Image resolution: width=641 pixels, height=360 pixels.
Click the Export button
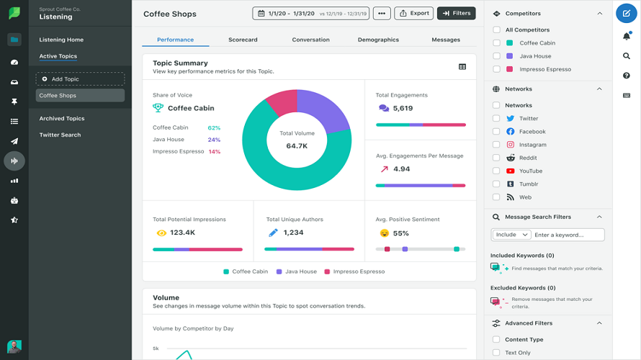pyautogui.click(x=413, y=13)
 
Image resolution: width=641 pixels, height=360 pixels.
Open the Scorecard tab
pyautogui.click(x=243, y=40)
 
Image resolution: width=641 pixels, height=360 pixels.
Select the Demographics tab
pyautogui.click(x=378, y=40)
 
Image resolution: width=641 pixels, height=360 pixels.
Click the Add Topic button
pyautogui.click(x=80, y=79)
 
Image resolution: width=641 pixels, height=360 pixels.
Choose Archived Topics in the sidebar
pyautogui.click(x=62, y=119)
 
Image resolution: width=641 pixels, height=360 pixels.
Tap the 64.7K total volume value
pyautogui.click(x=297, y=145)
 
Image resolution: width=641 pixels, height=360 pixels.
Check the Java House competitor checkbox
pyautogui.click(x=496, y=56)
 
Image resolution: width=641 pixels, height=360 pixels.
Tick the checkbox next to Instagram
pyautogui.click(x=496, y=145)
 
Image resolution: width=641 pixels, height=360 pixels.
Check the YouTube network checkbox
pyautogui.click(x=496, y=171)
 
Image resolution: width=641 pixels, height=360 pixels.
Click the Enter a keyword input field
pyautogui.click(x=568, y=235)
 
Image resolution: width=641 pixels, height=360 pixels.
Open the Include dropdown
pyautogui.click(x=511, y=235)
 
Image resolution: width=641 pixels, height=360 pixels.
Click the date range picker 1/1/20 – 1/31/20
pyautogui.click(x=310, y=13)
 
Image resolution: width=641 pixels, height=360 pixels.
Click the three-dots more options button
pyautogui.click(x=382, y=13)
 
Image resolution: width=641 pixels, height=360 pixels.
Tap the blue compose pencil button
pyautogui.click(x=626, y=13)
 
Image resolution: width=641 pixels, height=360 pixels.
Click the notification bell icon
pyautogui.click(x=626, y=36)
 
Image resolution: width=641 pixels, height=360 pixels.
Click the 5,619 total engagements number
pyautogui.click(x=403, y=108)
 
